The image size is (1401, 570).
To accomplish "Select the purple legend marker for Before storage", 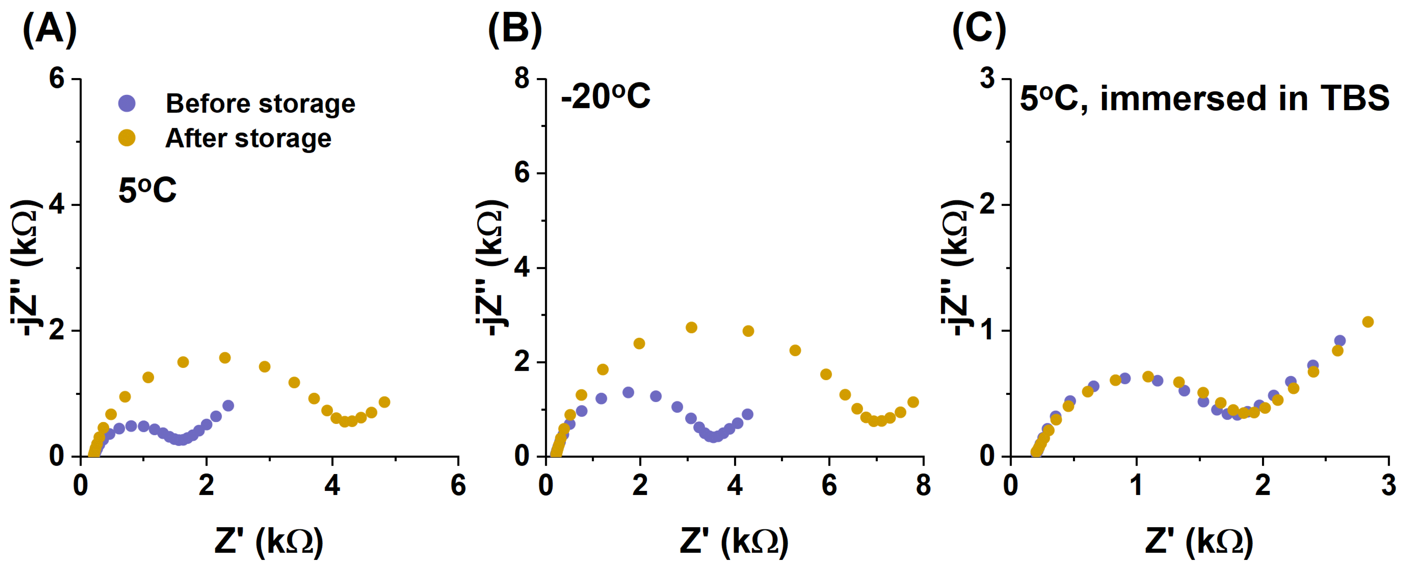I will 127,103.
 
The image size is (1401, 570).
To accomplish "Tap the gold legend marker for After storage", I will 127,138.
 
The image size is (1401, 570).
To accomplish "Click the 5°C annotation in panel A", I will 147,190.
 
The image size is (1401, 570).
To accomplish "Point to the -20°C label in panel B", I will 605,97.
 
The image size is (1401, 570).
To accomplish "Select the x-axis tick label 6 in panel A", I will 458,485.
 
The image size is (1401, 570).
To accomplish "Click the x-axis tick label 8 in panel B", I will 923,485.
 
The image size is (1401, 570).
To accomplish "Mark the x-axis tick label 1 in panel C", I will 1136,485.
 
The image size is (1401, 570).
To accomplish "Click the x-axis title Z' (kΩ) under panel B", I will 734,542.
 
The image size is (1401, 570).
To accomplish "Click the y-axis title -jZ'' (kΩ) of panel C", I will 956,266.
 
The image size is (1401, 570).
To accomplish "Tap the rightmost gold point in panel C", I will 1368,322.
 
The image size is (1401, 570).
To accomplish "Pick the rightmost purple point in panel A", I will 228,406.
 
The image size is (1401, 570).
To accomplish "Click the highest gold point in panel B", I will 691,327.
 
